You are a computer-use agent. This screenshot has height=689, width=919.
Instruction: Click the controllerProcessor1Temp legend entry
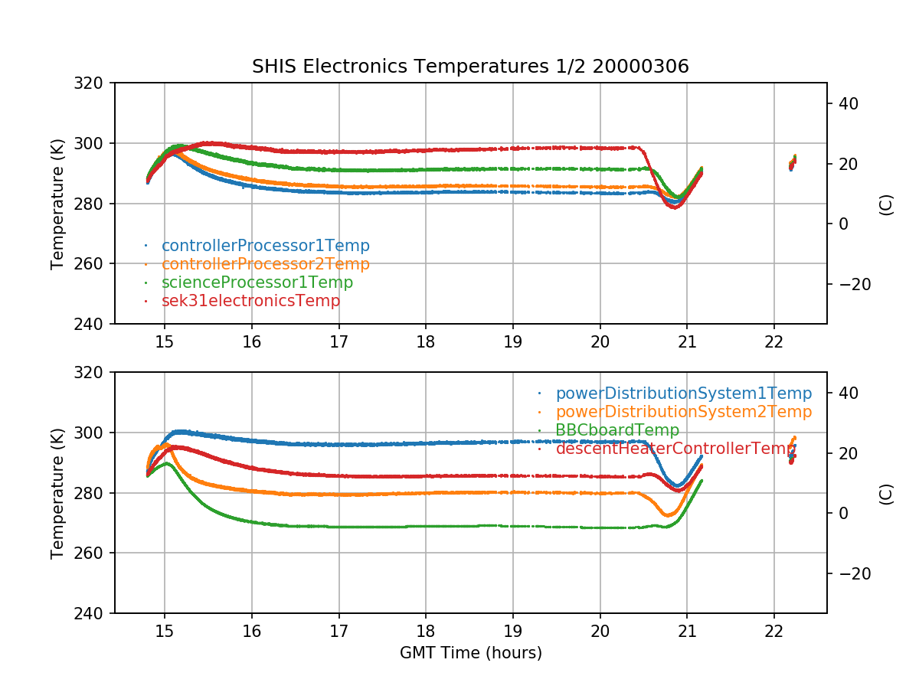coord(265,246)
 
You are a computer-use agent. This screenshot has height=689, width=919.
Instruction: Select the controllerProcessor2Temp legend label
coord(265,264)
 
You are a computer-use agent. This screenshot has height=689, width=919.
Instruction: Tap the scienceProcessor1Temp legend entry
coord(257,282)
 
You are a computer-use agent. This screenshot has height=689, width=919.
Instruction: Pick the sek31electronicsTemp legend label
coord(250,301)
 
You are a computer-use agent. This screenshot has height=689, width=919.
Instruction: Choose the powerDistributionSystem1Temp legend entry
coord(683,393)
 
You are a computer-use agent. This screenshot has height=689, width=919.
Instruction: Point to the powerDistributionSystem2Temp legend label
coord(683,412)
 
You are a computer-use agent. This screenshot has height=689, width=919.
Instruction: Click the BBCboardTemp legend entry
coord(617,430)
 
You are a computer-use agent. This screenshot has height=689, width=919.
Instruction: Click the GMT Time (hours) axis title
coord(470,653)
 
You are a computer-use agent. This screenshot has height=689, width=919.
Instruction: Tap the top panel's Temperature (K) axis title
coord(57,203)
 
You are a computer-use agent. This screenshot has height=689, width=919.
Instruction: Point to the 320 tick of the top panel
coord(95,83)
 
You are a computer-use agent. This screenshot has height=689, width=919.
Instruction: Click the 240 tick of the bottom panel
coord(95,613)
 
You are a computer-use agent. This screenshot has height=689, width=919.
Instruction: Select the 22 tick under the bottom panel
coord(774,631)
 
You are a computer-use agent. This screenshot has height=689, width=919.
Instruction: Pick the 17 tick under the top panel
coord(338,341)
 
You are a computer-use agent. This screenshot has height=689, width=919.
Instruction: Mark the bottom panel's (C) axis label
coord(886,493)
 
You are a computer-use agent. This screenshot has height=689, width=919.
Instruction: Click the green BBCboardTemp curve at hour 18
coord(426,527)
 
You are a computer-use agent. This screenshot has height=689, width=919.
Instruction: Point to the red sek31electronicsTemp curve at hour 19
coord(513,149)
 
